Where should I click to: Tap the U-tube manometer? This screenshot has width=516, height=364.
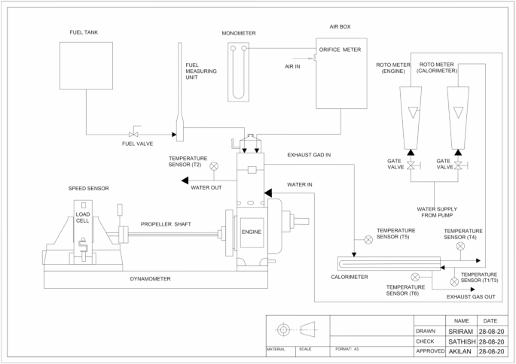coord(240,71)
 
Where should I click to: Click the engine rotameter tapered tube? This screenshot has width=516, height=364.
coord(412,113)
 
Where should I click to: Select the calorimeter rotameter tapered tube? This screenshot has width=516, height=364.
coord(457,113)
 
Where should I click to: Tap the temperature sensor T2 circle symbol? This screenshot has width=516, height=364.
coord(214,165)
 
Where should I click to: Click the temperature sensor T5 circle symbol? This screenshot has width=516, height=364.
coord(368,241)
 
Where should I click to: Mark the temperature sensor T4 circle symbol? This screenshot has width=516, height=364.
coord(460,246)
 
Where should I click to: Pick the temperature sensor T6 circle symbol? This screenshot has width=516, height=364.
coord(415,278)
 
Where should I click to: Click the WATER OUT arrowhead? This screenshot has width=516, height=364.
coord(185,180)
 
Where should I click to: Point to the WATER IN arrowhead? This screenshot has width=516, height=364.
coord(267,193)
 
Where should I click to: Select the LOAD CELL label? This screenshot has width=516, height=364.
coord(82,218)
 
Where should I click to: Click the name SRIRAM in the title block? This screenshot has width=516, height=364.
coord(462,331)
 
